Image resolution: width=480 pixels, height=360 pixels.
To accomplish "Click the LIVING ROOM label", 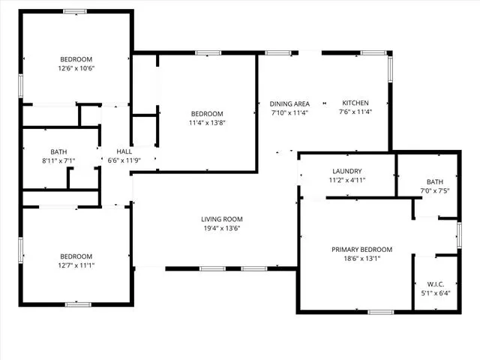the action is tap(222, 219).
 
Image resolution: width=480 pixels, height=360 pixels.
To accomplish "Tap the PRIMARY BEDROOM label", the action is tap(361, 250).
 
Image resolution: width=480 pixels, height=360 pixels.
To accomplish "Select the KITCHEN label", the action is tap(355, 103).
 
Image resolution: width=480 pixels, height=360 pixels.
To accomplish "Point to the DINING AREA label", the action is tap(289, 103).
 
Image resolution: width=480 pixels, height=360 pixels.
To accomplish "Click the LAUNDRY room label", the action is tap(347, 171).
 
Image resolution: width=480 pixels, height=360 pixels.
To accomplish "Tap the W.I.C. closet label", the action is tap(436, 284).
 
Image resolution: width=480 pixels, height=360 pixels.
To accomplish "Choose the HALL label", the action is tap(124, 151).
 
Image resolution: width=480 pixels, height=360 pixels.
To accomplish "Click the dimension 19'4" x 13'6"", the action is tap(222, 228).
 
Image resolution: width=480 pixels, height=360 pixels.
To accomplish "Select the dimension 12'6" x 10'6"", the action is tap(76, 68).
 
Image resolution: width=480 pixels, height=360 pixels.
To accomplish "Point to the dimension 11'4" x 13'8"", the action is tap(207, 123).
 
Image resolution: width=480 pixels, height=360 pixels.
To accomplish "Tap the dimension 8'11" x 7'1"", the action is tap(58, 160).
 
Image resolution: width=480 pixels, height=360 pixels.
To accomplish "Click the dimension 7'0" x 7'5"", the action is tap(435, 190).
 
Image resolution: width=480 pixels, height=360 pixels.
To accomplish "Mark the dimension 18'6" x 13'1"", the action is tap(361, 258).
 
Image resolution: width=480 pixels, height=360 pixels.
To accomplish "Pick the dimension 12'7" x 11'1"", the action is tap(76, 265).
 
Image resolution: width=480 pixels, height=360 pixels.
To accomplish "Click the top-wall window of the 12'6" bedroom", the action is tap(75, 12).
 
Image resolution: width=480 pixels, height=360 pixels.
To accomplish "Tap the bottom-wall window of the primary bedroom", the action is tap(380, 312).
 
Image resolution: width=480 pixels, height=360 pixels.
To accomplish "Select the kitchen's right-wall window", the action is tap(390, 70).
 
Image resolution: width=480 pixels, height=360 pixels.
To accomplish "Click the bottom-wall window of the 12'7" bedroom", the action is tap(78, 304).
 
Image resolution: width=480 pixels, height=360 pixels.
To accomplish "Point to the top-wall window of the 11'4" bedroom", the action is tap(208, 53).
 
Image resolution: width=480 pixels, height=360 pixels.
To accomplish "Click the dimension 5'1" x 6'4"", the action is tap(436, 293).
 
